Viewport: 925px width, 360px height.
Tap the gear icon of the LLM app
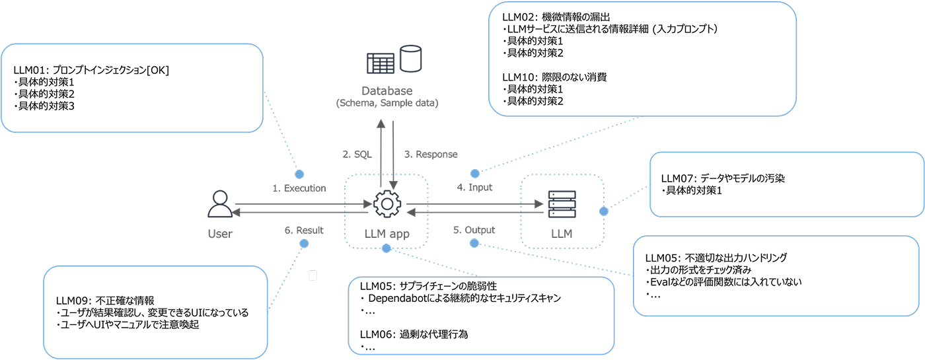[x=387, y=205]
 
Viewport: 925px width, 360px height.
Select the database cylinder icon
[x=412, y=59]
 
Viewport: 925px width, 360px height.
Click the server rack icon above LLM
[x=562, y=205]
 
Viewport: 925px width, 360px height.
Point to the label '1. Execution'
[x=299, y=188]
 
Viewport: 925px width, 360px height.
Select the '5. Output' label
[x=474, y=231]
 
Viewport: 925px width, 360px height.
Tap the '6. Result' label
[x=303, y=231]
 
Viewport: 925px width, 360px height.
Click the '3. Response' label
[x=430, y=155]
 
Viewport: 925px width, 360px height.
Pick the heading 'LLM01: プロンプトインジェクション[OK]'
[x=91, y=70]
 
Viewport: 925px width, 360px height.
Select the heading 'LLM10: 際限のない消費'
[x=554, y=77]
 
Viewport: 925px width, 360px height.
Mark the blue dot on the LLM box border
[x=603, y=211]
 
